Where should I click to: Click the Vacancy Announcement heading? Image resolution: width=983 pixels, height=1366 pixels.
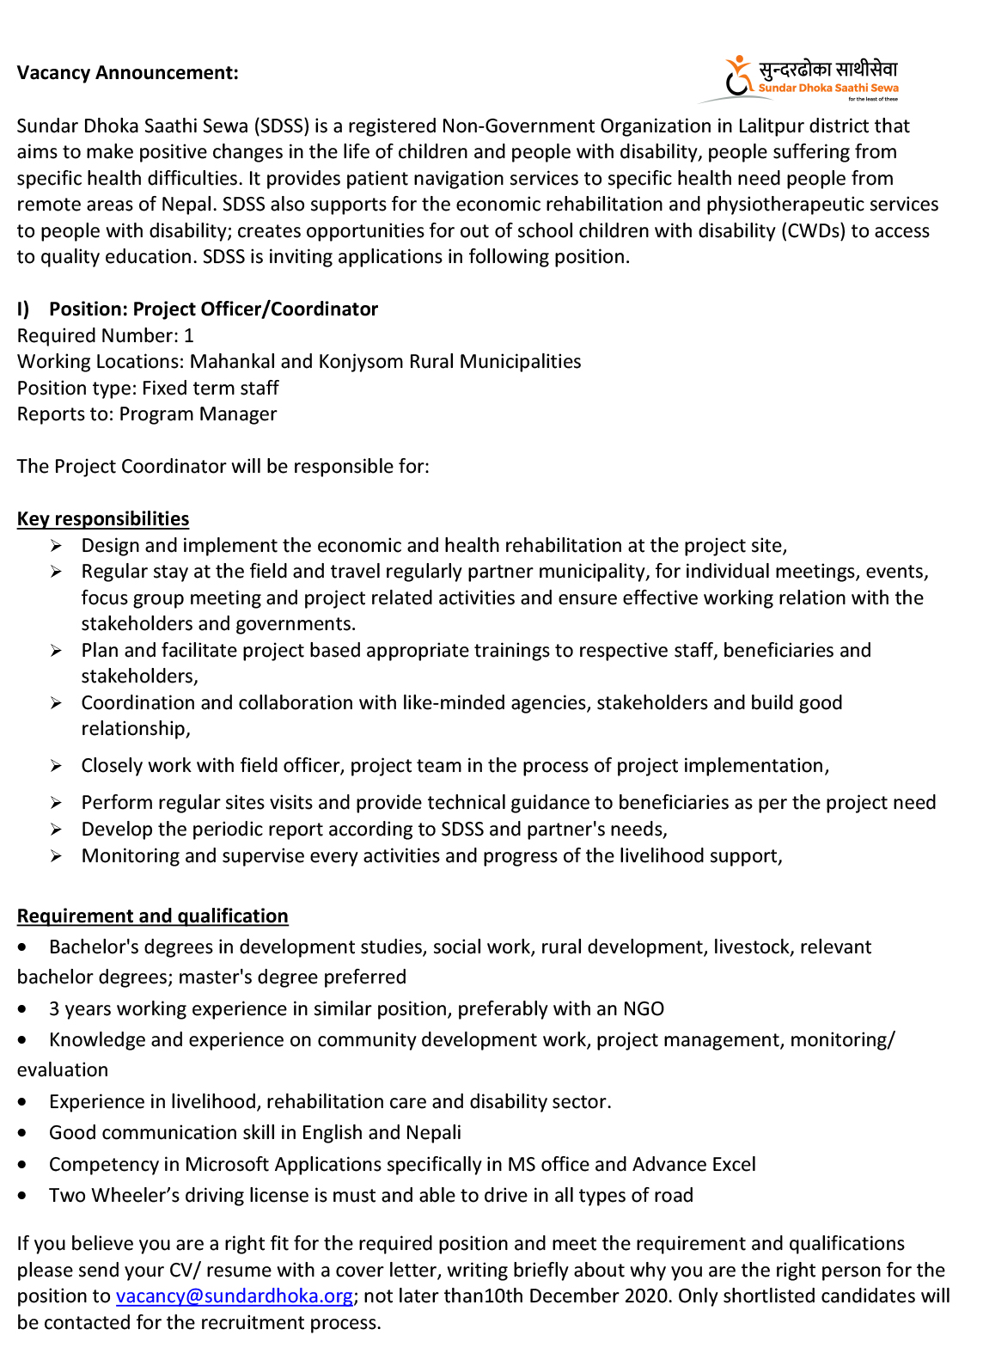pyautogui.click(x=127, y=73)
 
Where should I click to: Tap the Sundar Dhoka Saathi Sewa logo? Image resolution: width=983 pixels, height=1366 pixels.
pyautogui.click(x=810, y=78)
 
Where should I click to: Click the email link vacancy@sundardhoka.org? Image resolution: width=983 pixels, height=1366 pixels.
pyautogui.click(x=234, y=1296)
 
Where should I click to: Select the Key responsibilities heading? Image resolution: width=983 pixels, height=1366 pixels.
pyautogui.click(x=103, y=519)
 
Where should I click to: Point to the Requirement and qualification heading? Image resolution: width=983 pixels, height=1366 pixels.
pyautogui.click(x=152, y=916)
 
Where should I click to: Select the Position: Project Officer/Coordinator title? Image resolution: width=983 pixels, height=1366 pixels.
pyautogui.click(x=213, y=309)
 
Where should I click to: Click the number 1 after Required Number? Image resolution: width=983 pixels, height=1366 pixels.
pyautogui.click(x=189, y=336)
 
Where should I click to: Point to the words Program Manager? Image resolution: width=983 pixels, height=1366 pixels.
pyautogui.click(x=198, y=414)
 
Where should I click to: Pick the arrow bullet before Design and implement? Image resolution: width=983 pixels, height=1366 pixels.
pyautogui.click(x=56, y=546)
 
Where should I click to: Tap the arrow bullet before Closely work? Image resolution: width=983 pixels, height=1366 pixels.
pyautogui.click(x=56, y=766)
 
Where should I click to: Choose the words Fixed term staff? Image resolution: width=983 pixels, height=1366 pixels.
pyautogui.click(x=210, y=389)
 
